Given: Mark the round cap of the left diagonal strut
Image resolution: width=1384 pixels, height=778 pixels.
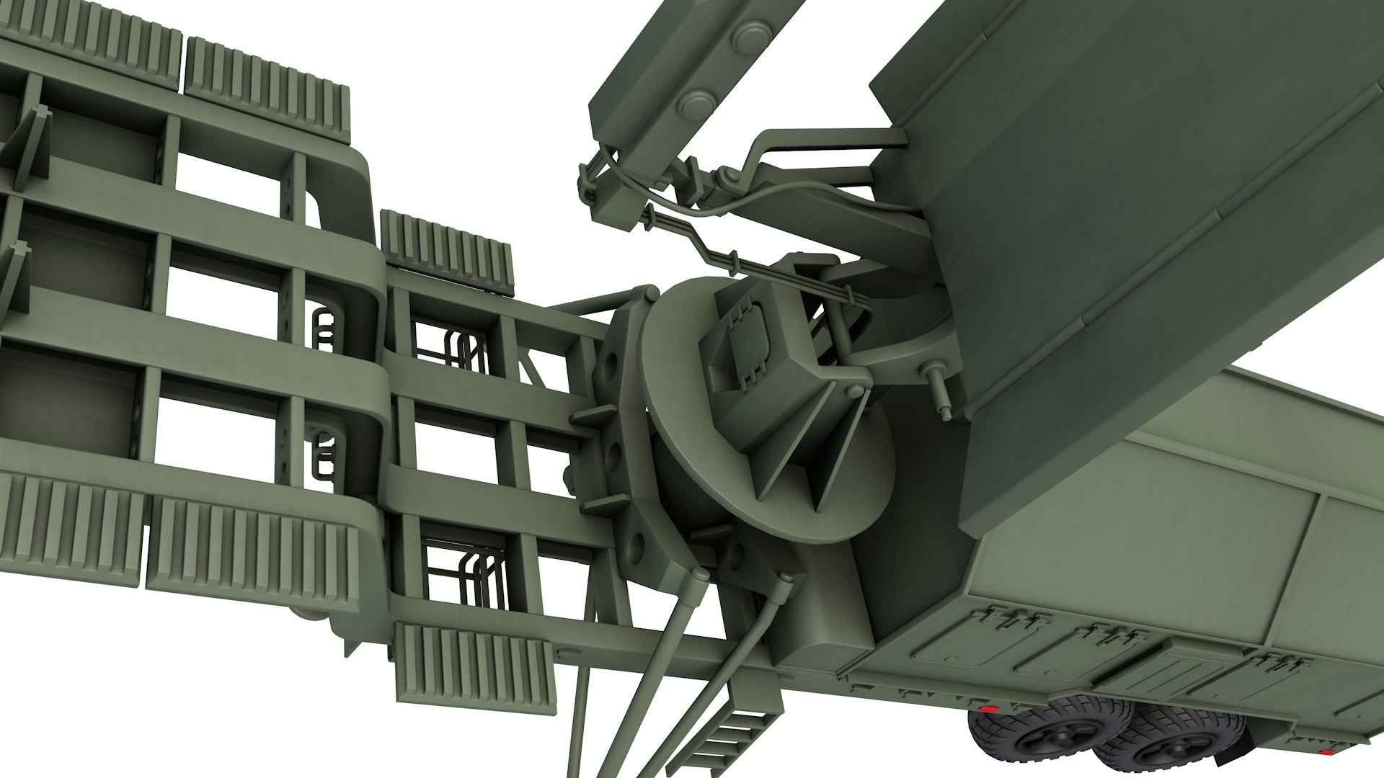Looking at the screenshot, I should [x=697, y=573].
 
